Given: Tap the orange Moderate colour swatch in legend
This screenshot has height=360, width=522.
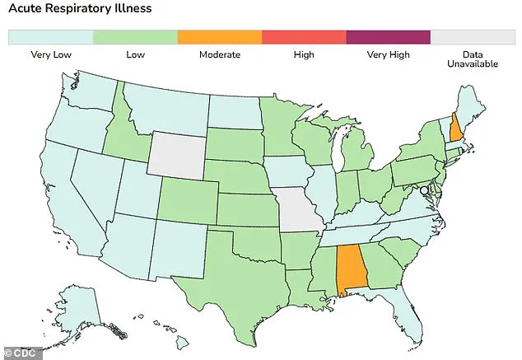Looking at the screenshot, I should click(219, 37).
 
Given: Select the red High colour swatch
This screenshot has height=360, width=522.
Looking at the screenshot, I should click(303, 37).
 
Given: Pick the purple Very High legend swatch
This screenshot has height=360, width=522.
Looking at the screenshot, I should click(388, 37).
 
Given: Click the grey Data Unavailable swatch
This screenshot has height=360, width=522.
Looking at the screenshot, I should click(472, 37).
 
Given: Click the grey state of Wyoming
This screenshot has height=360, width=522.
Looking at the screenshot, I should click(175, 154).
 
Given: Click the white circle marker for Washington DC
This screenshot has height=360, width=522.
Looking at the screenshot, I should click(424, 190).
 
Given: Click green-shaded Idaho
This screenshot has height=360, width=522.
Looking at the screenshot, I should click(127, 132).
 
